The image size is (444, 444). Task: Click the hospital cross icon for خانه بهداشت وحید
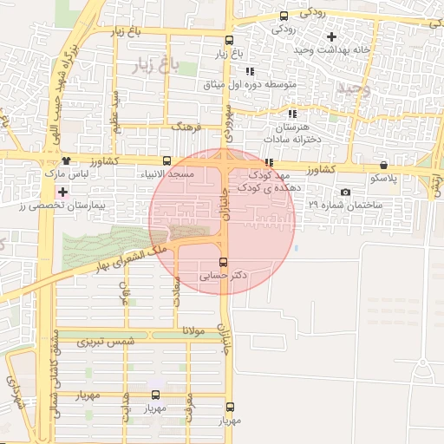pyautogui.click(x=330, y=37)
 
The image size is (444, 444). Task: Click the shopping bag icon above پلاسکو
pyautogui.click(x=383, y=165)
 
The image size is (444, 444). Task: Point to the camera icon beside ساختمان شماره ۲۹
pyautogui.click(x=346, y=192)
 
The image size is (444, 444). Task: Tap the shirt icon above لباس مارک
pyautogui.click(x=68, y=161)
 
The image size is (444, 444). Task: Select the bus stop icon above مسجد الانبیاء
pyautogui.click(x=166, y=161)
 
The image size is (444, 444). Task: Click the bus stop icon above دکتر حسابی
pyautogui.click(x=224, y=262)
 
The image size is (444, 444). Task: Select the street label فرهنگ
pyautogui.click(x=186, y=127)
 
